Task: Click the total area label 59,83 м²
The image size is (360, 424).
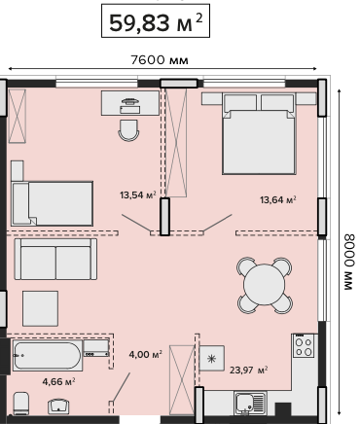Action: point(156,22)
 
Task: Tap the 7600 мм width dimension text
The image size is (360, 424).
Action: point(160,60)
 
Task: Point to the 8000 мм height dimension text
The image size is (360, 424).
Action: point(348,262)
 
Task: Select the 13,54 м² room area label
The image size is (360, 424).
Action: point(138,195)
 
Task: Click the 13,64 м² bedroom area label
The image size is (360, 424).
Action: point(278,199)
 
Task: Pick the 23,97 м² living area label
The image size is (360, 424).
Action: point(249,370)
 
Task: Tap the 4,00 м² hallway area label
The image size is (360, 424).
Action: point(146,355)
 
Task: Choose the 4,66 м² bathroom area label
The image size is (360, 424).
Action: point(59,381)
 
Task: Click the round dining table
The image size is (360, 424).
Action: point(265,285)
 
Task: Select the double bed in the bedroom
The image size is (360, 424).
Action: point(259,133)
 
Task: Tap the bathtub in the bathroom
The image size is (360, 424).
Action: point(48,356)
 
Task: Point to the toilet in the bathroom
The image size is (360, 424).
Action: point(21,404)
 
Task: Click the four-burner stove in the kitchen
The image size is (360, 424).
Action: point(304,346)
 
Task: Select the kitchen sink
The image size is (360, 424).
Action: point(250,403)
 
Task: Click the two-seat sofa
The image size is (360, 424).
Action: point(55,259)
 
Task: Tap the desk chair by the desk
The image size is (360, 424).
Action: point(128,130)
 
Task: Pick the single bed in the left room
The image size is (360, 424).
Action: point(53,203)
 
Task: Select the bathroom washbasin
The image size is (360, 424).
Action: point(58,406)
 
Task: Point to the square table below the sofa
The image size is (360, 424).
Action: point(40,308)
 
